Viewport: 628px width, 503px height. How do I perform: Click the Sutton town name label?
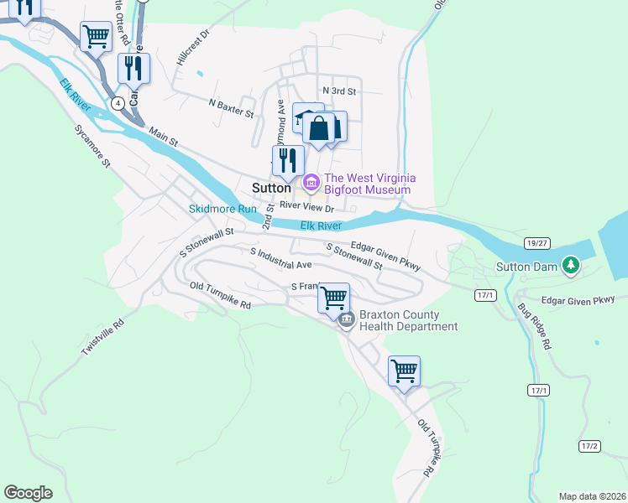(x=271, y=188)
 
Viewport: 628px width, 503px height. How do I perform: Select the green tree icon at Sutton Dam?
(x=571, y=266)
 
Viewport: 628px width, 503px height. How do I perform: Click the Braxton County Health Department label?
(x=408, y=321)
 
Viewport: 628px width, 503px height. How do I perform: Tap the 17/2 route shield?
(x=589, y=445)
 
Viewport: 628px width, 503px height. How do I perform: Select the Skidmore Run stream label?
(x=222, y=208)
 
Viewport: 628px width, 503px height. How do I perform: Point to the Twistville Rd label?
(x=102, y=335)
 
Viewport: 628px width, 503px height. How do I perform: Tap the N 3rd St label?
(x=339, y=91)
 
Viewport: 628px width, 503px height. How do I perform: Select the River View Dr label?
(x=307, y=206)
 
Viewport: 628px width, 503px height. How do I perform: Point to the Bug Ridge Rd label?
(x=535, y=325)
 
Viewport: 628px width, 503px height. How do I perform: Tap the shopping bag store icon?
(x=319, y=129)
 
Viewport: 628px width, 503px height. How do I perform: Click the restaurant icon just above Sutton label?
(x=287, y=158)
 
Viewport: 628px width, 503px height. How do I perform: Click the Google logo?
(x=28, y=493)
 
